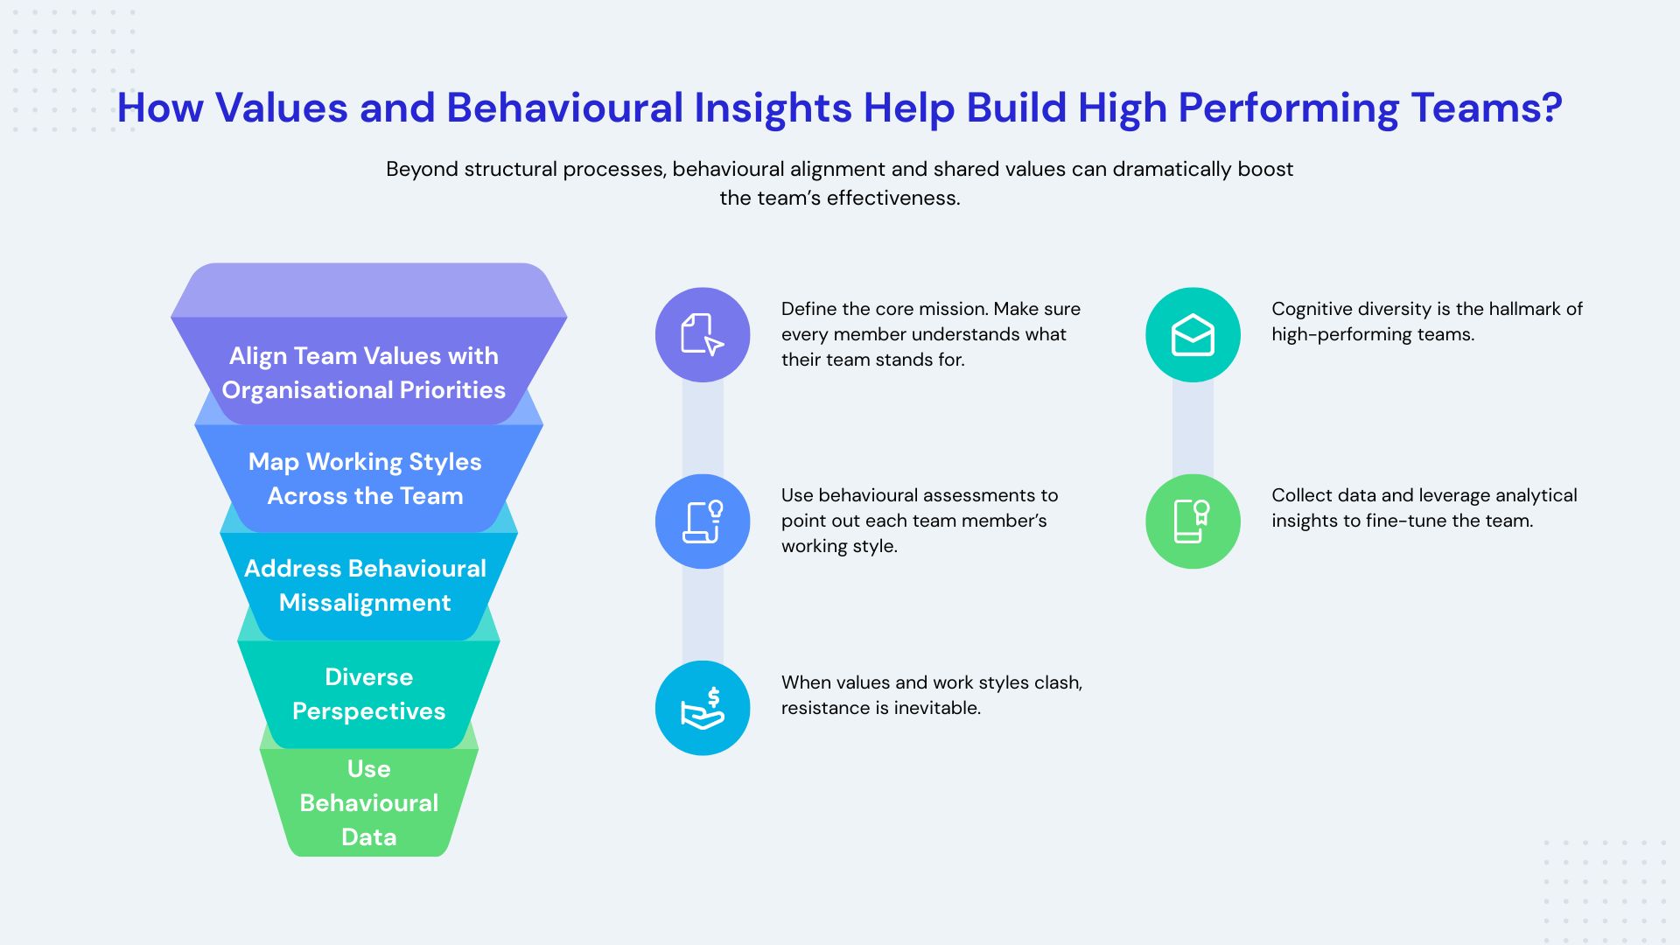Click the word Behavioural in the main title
click(564, 108)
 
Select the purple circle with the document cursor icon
click(703, 334)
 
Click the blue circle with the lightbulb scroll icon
click(703, 521)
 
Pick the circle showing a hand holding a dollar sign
click(703, 708)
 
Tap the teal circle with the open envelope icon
click(1193, 334)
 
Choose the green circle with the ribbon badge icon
click(1193, 521)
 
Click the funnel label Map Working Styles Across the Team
click(365, 479)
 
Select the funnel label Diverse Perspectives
click(368, 694)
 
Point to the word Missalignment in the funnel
click(365, 603)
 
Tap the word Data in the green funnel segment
click(368, 837)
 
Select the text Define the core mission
click(884, 309)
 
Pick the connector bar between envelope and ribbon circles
click(1193, 429)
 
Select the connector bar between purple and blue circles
click(703, 429)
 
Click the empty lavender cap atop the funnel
click(368, 290)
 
